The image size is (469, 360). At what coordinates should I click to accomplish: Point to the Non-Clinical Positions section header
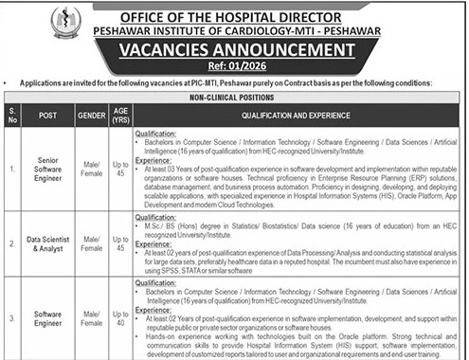coord(234,98)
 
